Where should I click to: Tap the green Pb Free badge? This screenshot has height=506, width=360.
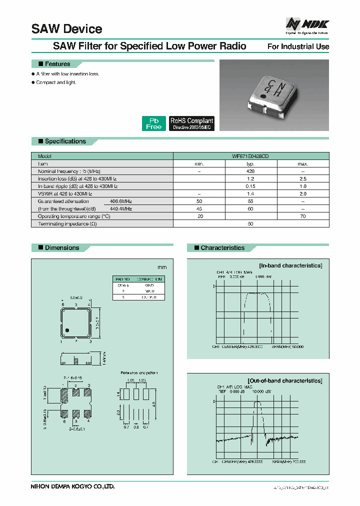click(x=153, y=123)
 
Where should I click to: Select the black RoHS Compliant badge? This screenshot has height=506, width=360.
click(x=191, y=123)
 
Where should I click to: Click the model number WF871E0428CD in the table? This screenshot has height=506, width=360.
click(x=251, y=156)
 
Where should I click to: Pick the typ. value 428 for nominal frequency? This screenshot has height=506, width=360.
click(x=251, y=171)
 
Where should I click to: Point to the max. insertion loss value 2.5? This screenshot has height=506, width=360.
click(x=302, y=178)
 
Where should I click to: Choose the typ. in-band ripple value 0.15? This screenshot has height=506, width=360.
click(x=251, y=186)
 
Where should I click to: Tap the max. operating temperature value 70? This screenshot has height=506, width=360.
click(x=302, y=216)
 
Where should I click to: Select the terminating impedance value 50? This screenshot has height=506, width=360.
click(x=251, y=223)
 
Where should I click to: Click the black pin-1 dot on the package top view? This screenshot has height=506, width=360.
click(x=66, y=329)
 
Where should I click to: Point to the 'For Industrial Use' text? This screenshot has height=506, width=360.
click(x=298, y=46)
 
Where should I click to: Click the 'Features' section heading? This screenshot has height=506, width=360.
click(x=57, y=64)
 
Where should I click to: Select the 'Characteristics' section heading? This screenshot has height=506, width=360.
click(x=222, y=248)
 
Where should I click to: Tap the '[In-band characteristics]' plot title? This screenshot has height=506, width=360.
click(x=290, y=265)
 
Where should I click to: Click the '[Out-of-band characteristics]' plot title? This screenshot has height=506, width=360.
click(x=285, y=380)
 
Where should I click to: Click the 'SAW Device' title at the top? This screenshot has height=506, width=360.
click(x=67, y=29)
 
